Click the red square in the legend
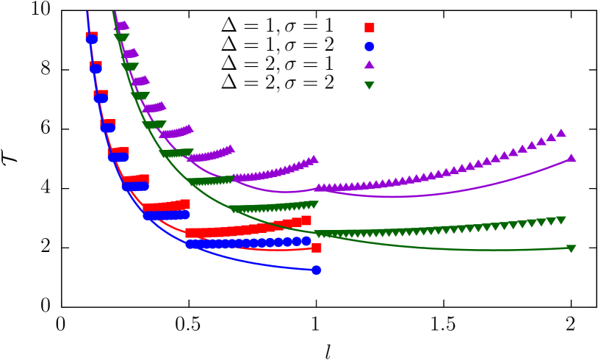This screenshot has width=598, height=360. click(370, 28)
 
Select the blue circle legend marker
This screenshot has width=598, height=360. click(370, 46)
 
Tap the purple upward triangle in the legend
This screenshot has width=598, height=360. click(370, 65)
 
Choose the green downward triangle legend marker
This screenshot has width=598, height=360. click(370, 85)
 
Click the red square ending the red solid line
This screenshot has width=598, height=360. click(316, 248)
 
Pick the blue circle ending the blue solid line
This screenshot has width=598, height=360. click(316, 270)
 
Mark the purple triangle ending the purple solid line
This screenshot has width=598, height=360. click(571, 158)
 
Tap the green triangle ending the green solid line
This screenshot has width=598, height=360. click(571, 249)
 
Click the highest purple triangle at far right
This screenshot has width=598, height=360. click(561, 133)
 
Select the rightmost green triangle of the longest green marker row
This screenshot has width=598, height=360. click(561, 220)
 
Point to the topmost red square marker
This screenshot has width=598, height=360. click(92, 36)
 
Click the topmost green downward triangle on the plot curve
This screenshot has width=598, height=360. click(122, 37)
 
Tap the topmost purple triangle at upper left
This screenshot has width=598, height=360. click(122, 26)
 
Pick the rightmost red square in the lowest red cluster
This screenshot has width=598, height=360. click(306, 220)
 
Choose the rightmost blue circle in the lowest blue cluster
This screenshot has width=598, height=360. click(306, 241)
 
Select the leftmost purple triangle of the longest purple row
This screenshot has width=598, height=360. click(319, 188)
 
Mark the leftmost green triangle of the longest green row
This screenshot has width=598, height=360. click(320, 234)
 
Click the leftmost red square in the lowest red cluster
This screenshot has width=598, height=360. click(190, 233)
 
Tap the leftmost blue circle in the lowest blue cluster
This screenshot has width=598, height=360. click(190, 244)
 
